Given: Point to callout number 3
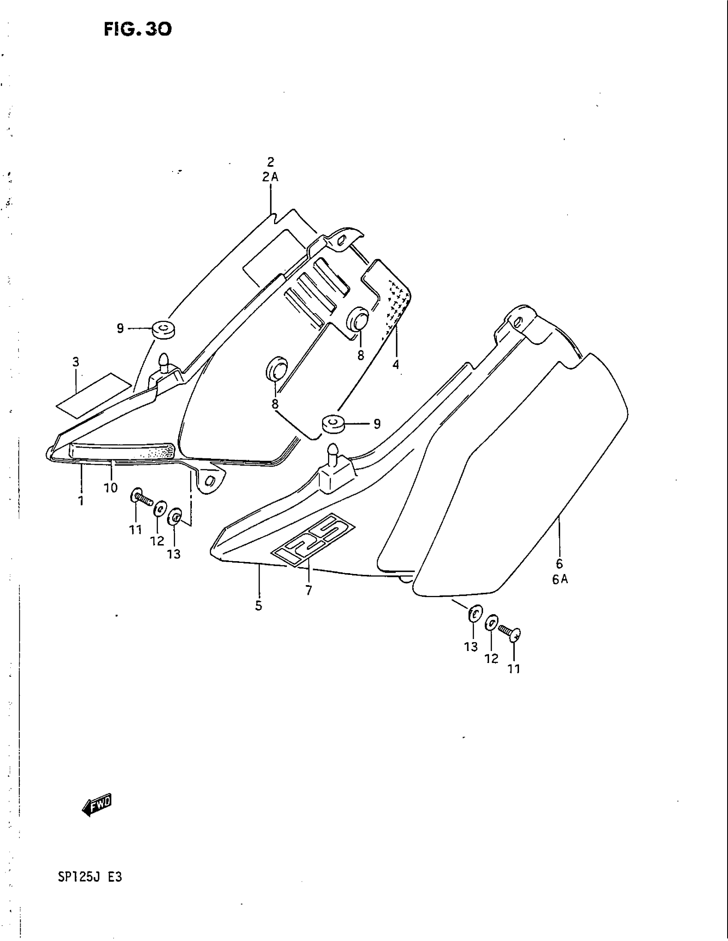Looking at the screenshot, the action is click(76, 362).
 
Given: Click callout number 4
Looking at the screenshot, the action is click(396, 364).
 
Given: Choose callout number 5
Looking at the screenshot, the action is click(258, 606).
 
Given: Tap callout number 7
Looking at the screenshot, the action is click(309, 590).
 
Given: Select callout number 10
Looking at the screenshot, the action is click(110, 488).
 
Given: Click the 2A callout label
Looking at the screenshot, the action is click(270, 177).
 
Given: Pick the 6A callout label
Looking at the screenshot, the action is click(560, 580).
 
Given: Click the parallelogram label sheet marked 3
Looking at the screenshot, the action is click(94, 396).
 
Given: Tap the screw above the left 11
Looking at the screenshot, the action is click(141, 499).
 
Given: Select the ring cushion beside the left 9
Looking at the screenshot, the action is click(163, 329).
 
